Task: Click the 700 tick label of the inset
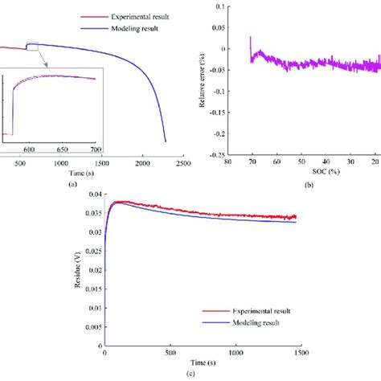96,150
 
